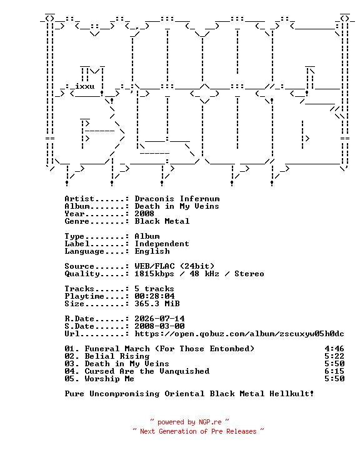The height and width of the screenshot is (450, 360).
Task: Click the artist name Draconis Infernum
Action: pyautogui.click(x=177, y=199)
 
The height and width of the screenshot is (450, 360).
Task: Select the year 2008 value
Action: pyautogui.click(x=144, y=214)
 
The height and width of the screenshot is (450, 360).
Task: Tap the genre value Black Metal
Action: pyautogui.click(x=162, y=221)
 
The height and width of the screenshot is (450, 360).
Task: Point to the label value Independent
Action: pyautogui.click(x=162, y=244)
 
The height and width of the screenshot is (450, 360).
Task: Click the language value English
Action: pyautogui.click(x=152, y=251)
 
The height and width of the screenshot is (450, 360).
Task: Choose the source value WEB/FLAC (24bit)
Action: pyautogui.click(x=174, y=266)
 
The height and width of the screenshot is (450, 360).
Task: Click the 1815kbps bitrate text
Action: pyautogui.click(x=154, y=274)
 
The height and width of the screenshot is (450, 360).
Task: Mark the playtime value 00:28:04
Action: pyautogui.click(x=154, y=296)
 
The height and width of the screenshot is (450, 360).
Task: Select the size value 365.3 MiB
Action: pyautogui.click(x=157, y=303)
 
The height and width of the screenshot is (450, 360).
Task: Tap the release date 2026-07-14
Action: pyautogui.click(x=159, y=319)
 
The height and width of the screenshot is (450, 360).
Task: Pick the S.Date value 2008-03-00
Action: pyautogui.click(x=159, y=326)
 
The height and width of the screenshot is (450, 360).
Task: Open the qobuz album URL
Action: pyautogui.click(x=239, y=334)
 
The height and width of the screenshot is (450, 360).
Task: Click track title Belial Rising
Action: pyautogui.click(x=117, y=356)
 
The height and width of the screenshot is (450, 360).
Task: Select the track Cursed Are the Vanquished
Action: pyautogui.click(x=147, y=371)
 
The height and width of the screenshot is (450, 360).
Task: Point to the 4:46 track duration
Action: pyautogui.click(x=334, y=349)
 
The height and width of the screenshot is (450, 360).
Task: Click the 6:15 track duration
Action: pyautogui.click(x=334, y=371)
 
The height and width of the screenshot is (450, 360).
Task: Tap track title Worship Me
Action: pyautogui.click(x=109, y=379)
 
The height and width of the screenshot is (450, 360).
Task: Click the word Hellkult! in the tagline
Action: pyautogui.click(x=292, y=394)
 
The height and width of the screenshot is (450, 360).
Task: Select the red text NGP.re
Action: pyautogui.click(x=210, y=422)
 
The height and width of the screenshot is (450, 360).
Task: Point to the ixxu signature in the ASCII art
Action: pyautogui.click(x=85, y=86)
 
